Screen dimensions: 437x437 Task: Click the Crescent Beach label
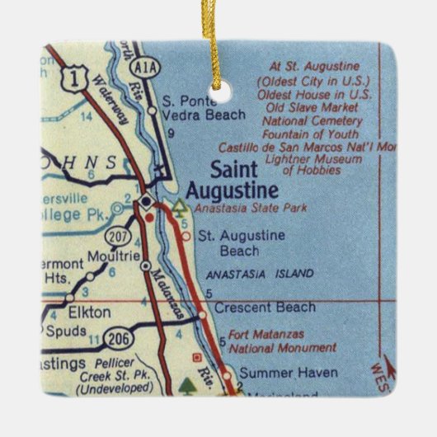264,308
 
